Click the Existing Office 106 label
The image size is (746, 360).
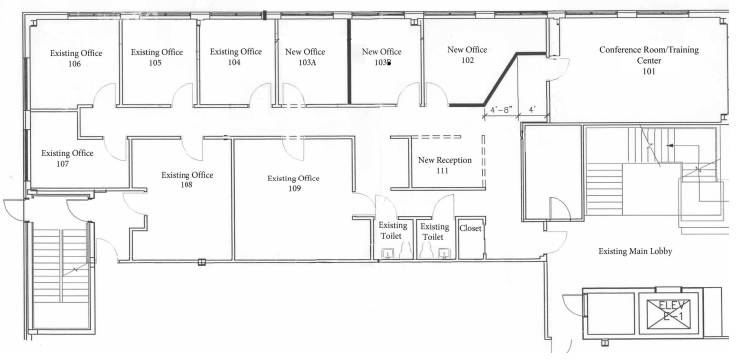[x=76, y=58]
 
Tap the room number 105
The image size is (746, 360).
[x=155, y=62]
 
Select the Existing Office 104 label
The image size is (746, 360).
[x=236, y=56]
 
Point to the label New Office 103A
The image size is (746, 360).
[x=305, y=56]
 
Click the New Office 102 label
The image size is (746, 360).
[x=467, y=54]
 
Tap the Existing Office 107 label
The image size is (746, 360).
[x=67, y=158]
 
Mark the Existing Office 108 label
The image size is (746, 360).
[x=186, y=180]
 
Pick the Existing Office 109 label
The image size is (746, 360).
[x=293, y=183]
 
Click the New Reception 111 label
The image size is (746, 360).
[x=445, y=165]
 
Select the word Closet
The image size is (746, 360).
[x=470, y=228]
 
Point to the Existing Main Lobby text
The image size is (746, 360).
[x=635, y=251]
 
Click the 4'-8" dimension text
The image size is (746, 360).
[x=500, y=109]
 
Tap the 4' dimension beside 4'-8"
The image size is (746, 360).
[x=532, y=109]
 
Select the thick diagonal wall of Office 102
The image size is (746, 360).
[x=501, y=79]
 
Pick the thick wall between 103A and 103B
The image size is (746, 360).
[x=349, y=61]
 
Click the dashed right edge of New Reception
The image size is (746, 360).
[x=483, y=163]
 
